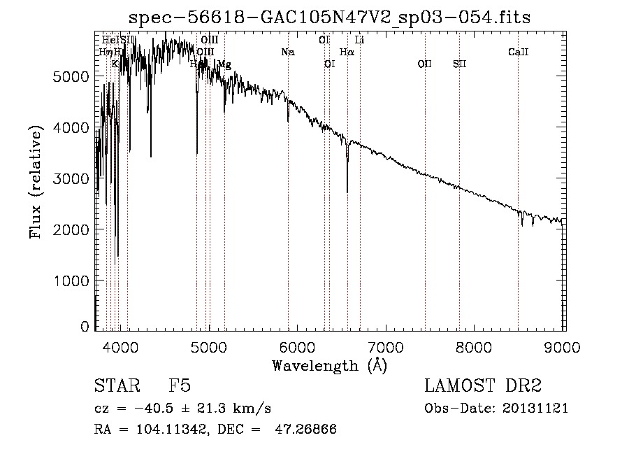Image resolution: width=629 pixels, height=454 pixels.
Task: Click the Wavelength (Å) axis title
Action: pyautogui.click(x=329, y=365)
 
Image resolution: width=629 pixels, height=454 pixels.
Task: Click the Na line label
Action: pyautogui.click(x=288, y=52)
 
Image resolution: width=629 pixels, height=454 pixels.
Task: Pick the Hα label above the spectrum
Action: pyautogui.click(x=347, y=52)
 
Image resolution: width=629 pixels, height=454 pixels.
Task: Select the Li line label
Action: pyautogui.click(x=360, y=40)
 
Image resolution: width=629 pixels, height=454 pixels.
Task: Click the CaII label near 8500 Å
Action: pyautogui.click(x=518, y=52)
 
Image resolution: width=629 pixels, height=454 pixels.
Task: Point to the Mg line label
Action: pyautogui.click(x=224, y=64)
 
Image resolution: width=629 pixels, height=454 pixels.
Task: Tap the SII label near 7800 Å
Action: pyautogui.click(x=459, y=64)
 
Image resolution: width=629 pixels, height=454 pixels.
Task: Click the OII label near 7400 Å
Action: pyautogui.click(x=424, y=64)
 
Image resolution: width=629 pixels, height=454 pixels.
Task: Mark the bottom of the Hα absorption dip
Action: pyautogui.click(x=347, y=192)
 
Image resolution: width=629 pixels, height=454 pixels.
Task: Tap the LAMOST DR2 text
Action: pyautogui.click(x=483, y=387)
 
